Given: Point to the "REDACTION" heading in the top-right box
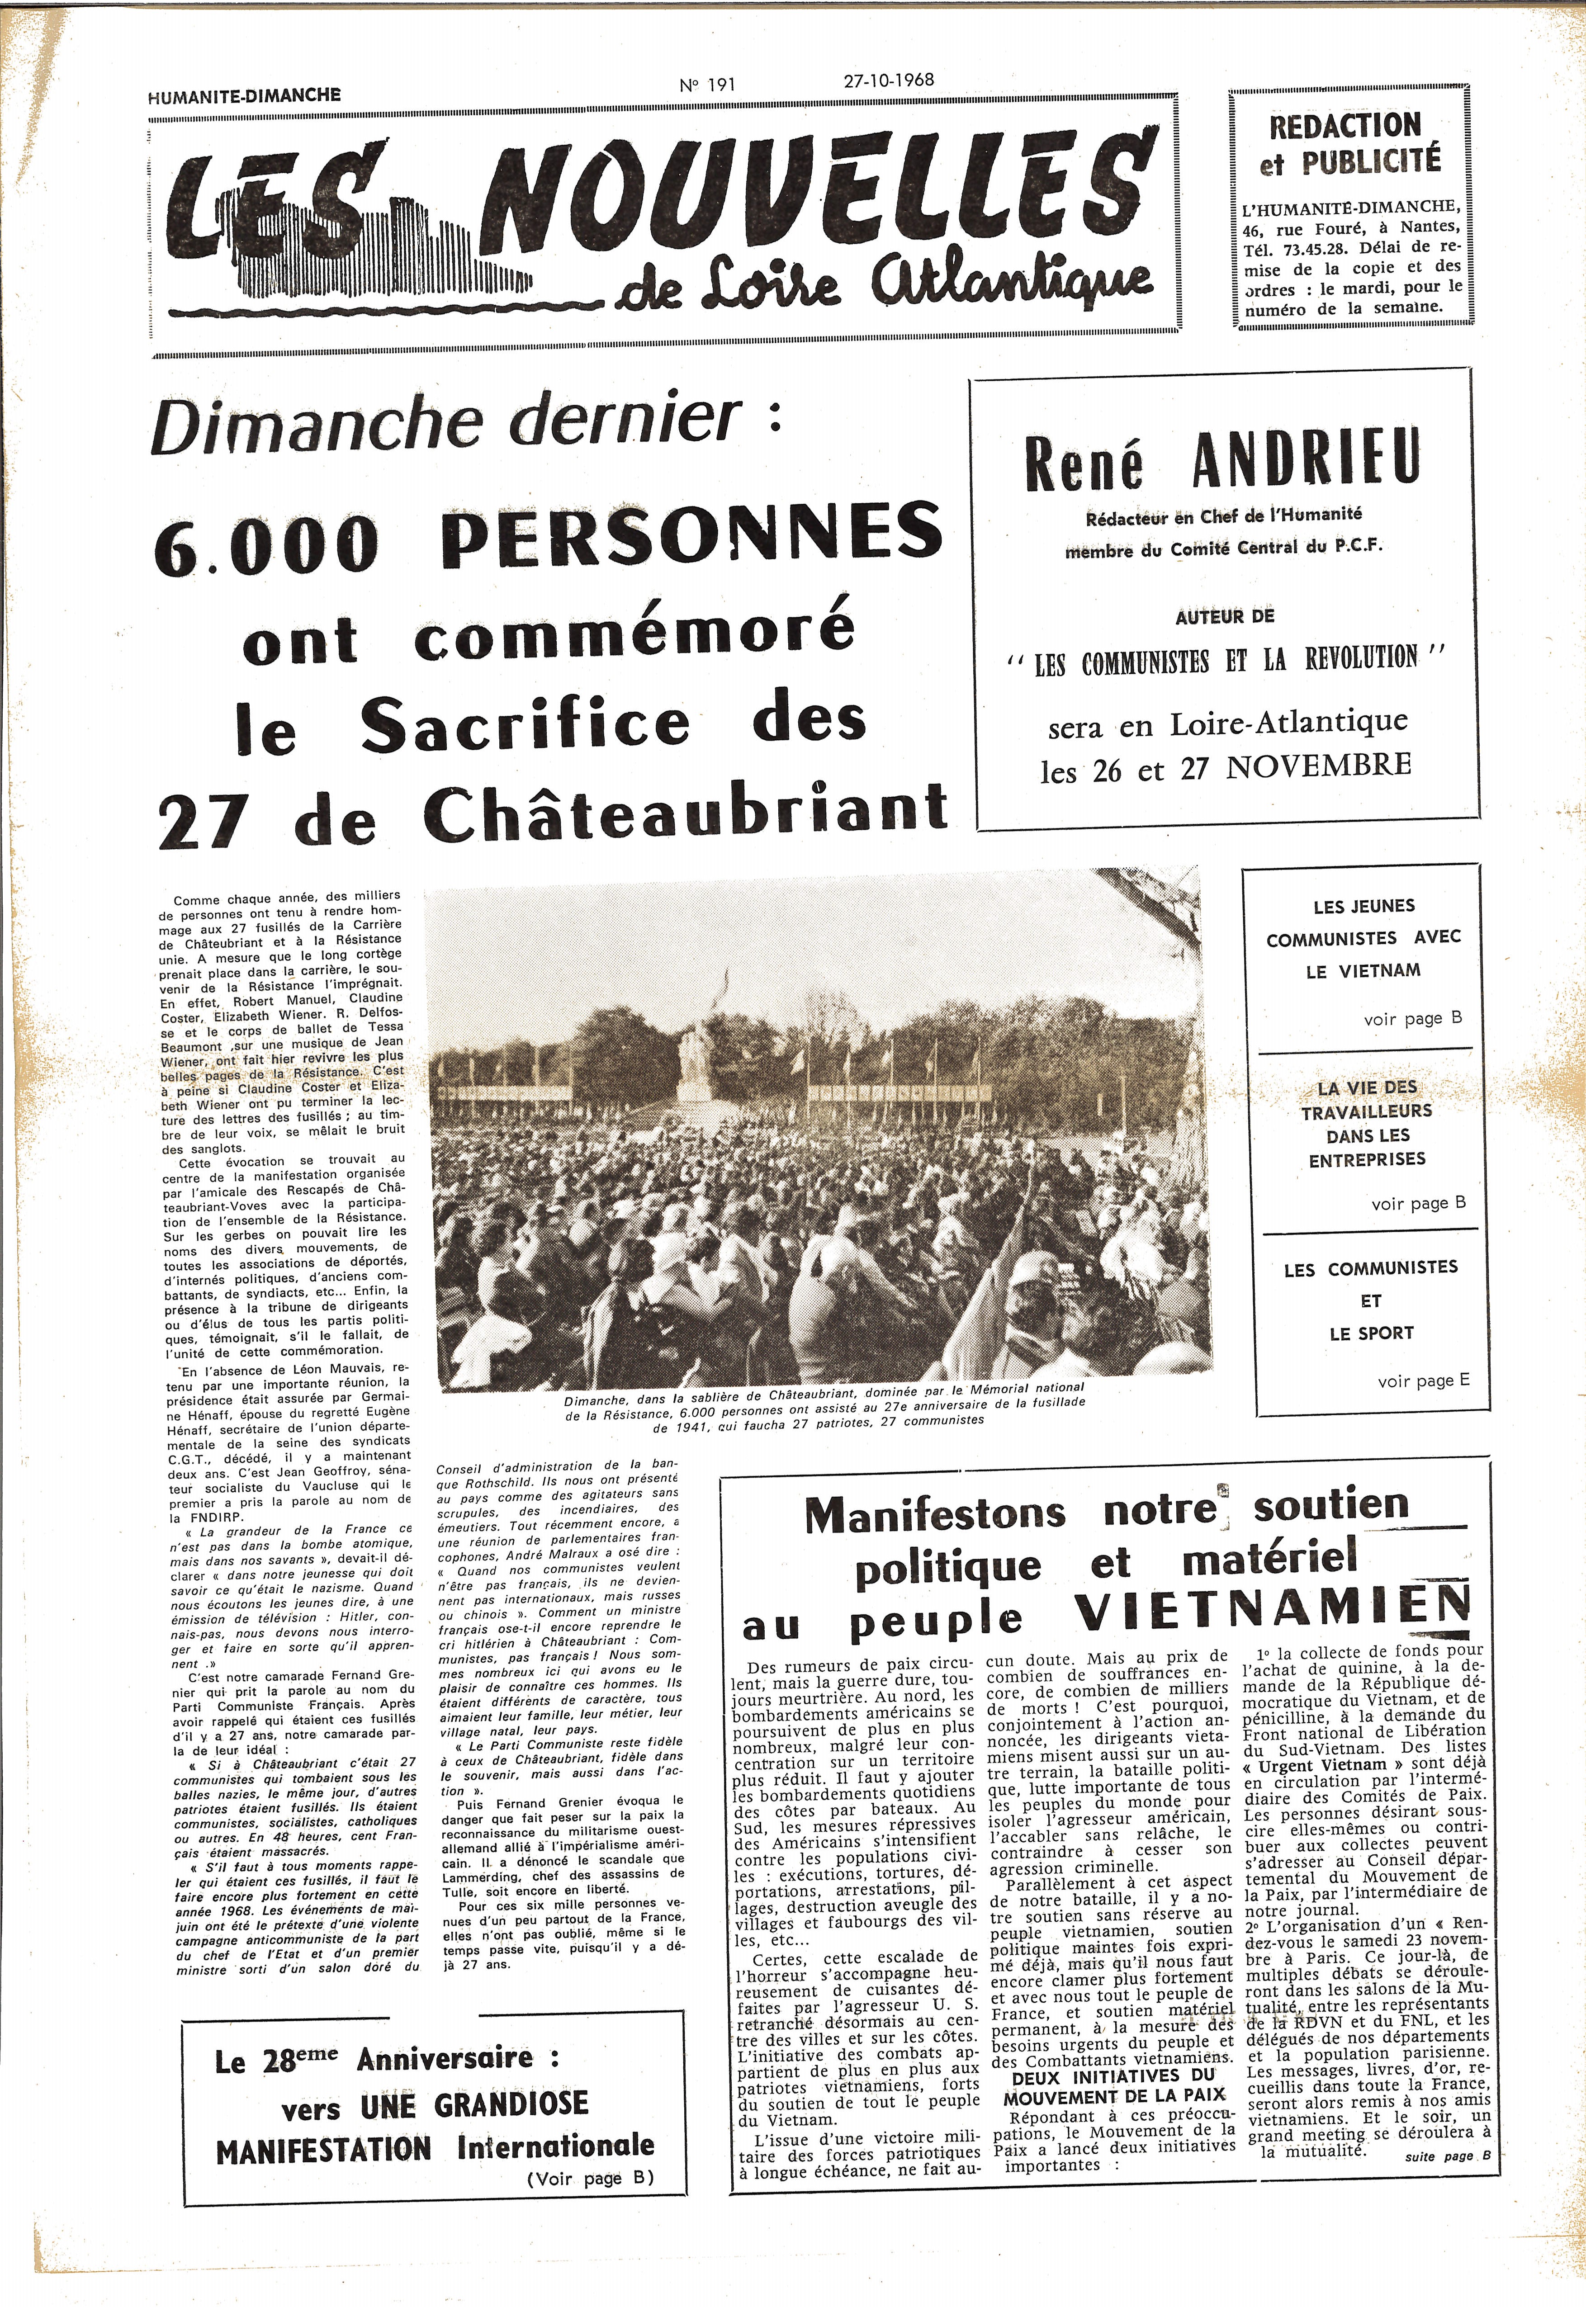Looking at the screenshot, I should click(x=1345, y=126).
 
